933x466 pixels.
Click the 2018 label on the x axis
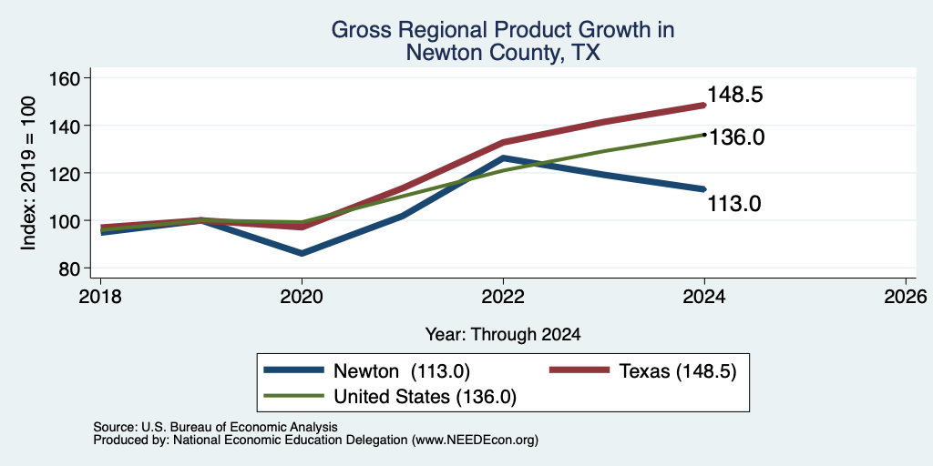[100, 297]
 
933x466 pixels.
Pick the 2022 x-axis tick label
[503, 297]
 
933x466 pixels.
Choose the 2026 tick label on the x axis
[907, 297]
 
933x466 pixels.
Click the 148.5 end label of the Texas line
[735, 95]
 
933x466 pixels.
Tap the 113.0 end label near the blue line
[735, 204]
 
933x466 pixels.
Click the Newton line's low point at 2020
[302, 253]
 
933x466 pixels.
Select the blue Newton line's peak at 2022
[503, 158]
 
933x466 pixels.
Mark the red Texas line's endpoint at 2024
[704, 106]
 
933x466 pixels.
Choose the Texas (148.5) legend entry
[643, 371]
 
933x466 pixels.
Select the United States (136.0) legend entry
[390, 397]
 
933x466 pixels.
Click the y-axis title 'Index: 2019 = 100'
[28, 174]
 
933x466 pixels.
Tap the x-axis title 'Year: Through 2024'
[503, 335]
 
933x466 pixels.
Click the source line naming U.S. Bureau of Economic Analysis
[215, 427]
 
